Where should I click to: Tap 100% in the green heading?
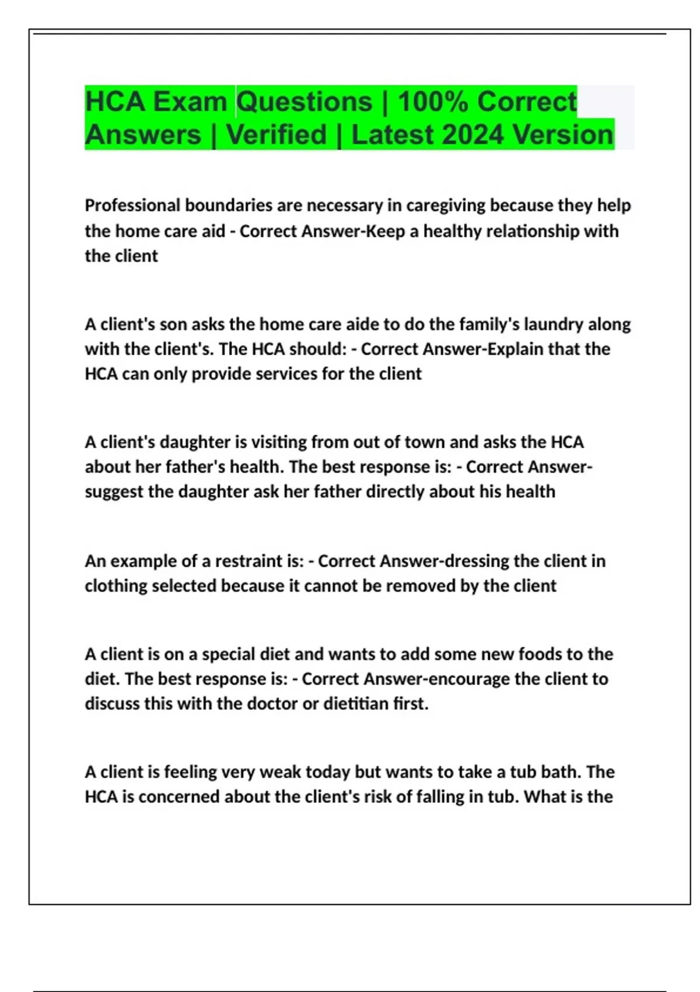point(432,102)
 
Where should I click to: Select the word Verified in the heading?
point(276,135)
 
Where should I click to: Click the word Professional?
point(132,205)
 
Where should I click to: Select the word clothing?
point(116,586)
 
